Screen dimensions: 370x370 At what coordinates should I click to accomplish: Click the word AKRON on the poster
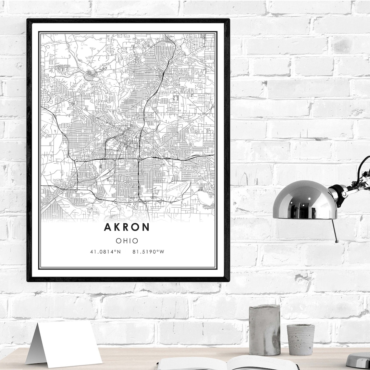point(127,227)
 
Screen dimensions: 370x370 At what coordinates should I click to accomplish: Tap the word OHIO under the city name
point(127,241)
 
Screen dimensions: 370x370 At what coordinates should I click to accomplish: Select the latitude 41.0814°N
point(105,252)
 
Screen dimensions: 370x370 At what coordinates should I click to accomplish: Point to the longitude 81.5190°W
point(148,252)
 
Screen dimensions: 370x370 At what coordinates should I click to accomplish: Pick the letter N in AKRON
point(146,227)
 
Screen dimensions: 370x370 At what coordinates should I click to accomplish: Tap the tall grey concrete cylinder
point(264,329)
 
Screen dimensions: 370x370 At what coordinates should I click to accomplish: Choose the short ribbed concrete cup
point(300,339)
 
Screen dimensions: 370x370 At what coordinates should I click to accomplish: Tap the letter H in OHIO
point(125,241)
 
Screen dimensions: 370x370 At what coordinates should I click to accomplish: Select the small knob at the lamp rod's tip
point(337,241)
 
